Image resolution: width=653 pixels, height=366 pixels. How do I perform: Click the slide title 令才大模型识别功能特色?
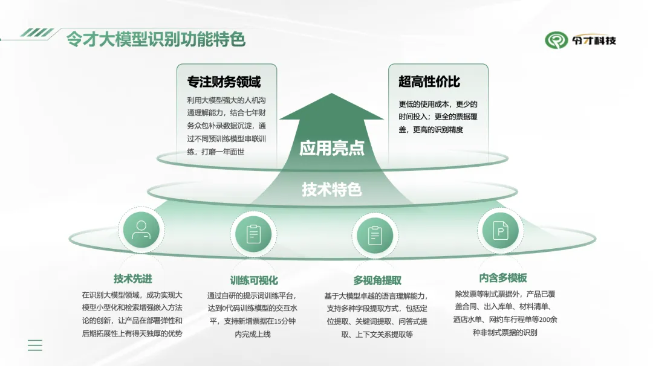coord(156,39)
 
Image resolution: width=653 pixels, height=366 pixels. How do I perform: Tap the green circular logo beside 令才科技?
coord(556,40)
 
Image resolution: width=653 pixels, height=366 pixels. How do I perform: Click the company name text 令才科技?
coord(594,40)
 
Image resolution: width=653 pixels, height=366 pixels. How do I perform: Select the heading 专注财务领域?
coord(224,82)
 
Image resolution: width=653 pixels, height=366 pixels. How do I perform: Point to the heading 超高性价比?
coord(429,82)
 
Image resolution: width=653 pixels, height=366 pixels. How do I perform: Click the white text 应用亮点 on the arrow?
coord(332,148)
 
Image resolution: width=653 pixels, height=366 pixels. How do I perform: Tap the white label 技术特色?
coord(331,189)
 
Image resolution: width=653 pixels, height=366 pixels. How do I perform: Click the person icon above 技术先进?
coord(141,230)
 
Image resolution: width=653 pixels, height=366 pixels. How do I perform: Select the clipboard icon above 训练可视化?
coord(253,234)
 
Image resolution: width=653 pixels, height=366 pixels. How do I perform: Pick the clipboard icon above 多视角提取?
coord(375,236)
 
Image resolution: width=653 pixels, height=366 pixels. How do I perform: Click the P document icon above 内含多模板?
coord(500,230)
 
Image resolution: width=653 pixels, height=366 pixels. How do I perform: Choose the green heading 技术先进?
coord(133,278)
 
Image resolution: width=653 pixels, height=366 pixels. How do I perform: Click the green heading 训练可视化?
coord(254,280)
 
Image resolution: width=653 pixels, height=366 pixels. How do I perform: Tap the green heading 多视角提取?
coord(377,280)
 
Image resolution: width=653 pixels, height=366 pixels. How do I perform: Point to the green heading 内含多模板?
coord(503,277)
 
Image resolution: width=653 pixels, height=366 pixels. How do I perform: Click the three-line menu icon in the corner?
coord(35,345)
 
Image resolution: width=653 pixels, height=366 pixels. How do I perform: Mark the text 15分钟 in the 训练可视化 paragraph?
coord(285,321)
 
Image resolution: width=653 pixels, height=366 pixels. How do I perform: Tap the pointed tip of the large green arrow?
coord(331,93)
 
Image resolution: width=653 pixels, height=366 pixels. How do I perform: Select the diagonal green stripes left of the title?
coord(37,33)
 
